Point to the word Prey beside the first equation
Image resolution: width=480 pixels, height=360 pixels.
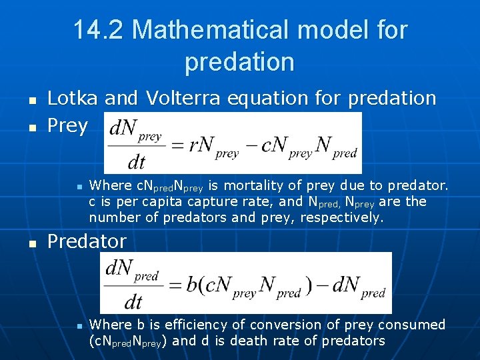[x=67, y=126]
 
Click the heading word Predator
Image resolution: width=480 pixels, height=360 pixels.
[x=87, y=241]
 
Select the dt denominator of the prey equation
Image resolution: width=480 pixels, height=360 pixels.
[x=136, y=161]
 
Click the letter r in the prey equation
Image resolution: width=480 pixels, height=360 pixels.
[x=193, y=145]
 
